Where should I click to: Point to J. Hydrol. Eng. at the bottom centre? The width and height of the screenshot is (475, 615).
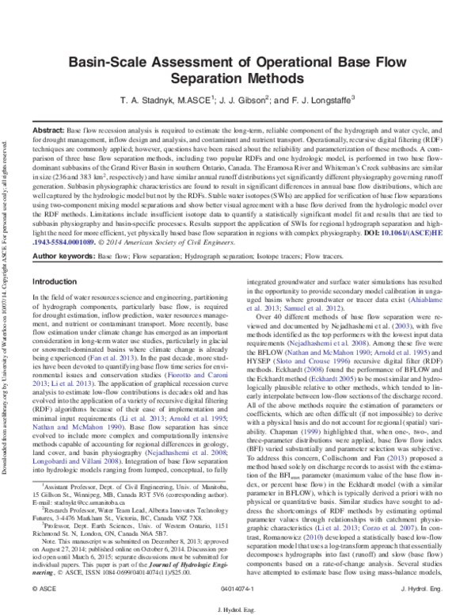tap(237, 608)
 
